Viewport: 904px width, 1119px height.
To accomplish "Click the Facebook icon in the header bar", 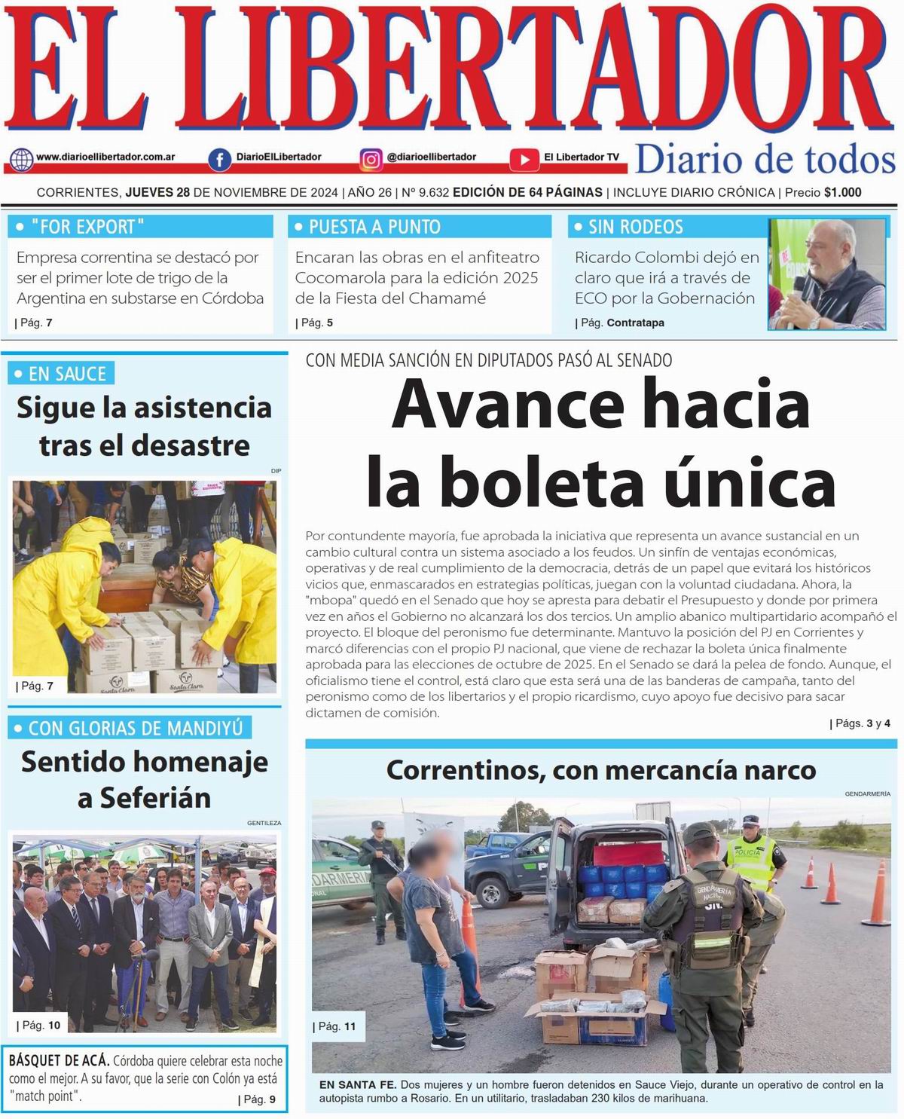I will click(x=219, y=159).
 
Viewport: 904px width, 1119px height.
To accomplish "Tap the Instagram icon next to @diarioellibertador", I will click(x=371, y=159).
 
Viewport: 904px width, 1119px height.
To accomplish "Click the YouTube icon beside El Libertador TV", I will click(x=524, y=159).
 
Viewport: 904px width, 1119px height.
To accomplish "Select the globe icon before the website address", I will click(x=22, y=159).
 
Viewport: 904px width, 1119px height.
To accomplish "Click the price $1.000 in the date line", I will click(x=842, y=192).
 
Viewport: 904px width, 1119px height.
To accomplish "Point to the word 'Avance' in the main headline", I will click(x=508, y=405).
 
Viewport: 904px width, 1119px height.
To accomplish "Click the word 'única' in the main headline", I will click(x=753, y=482).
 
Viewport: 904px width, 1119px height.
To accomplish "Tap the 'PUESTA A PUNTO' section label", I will click(x=374, y=227).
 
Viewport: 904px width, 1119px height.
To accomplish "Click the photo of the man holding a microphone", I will click(x=826, y=274).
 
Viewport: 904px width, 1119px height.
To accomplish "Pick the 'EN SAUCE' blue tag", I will click(x=61, y=374).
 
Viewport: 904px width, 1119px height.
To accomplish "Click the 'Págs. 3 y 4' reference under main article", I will click(x=860, y=723).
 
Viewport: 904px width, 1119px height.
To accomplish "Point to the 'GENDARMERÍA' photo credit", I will click(x=867, y=793).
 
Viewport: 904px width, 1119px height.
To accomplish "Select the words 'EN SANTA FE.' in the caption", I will click(x=357, y=1084).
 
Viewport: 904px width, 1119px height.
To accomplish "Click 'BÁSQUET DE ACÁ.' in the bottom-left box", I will click(x=59, y=1061).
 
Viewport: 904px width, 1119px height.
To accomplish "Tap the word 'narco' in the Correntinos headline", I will click(x=780, y=770).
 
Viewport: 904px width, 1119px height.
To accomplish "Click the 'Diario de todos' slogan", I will click(x=765, y=160).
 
